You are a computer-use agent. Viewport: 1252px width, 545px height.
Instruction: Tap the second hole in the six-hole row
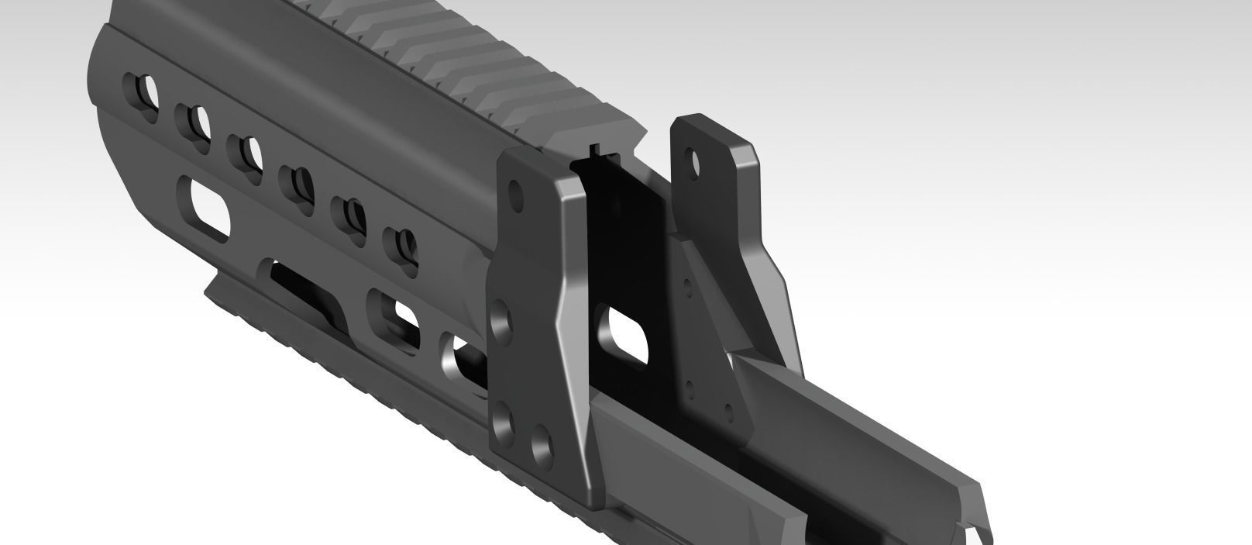193,122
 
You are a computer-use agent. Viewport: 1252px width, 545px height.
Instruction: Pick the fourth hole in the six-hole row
298,184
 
